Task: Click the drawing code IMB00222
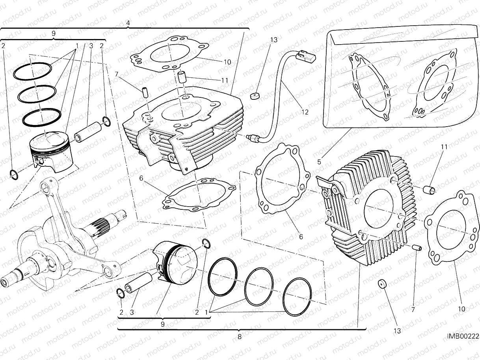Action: point(463,336)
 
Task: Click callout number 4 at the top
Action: point(128,23)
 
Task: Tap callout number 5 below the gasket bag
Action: point(319,161)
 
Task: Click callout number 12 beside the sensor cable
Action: point(305,112)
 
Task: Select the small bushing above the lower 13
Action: point(381,284)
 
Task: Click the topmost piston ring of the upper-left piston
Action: point(33,71)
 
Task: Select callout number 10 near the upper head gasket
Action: point(227,62)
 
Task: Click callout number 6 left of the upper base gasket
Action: point(141,178)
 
